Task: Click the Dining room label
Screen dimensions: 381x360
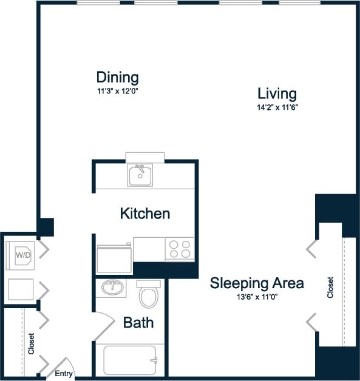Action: click(x=117, y=78)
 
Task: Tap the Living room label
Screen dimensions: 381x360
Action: click(x=277, y=93)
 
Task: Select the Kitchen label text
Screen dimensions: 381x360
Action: click(x=144, y=214)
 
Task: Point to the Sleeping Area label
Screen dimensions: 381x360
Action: click(x=257, y=283)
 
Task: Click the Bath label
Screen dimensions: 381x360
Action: click(x=138, y=322)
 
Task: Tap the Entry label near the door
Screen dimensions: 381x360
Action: click(x=64, y=374)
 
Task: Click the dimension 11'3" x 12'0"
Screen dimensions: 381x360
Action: click(x=117, y=91)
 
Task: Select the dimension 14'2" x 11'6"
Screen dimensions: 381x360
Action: click(x=277, y=107)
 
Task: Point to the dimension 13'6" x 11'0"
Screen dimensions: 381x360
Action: click(x=257, y=297)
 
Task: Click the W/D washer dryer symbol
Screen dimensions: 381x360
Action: click(x=23, y=255)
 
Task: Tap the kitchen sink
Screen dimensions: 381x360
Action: click(x=140, y=175)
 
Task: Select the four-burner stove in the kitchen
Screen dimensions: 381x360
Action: click(x=179, y=249)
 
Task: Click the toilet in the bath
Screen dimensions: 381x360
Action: click(x=148, y=295)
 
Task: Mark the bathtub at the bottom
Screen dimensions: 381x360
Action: click(x=130, y=360)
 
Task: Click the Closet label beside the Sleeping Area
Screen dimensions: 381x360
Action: click(x=330, y=287)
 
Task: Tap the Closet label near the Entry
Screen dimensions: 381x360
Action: click(x=31, y=344)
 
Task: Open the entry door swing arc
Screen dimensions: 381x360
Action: click(x=62, y=365)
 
